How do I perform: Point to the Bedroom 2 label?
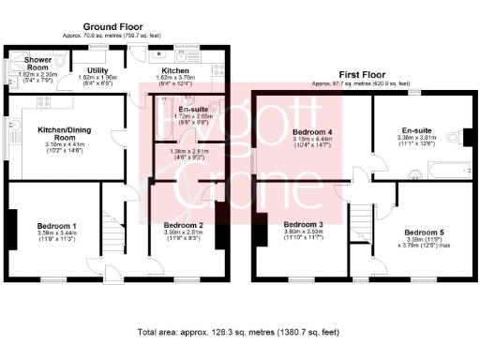click(183, 226)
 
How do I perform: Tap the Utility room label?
click(99, 70)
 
